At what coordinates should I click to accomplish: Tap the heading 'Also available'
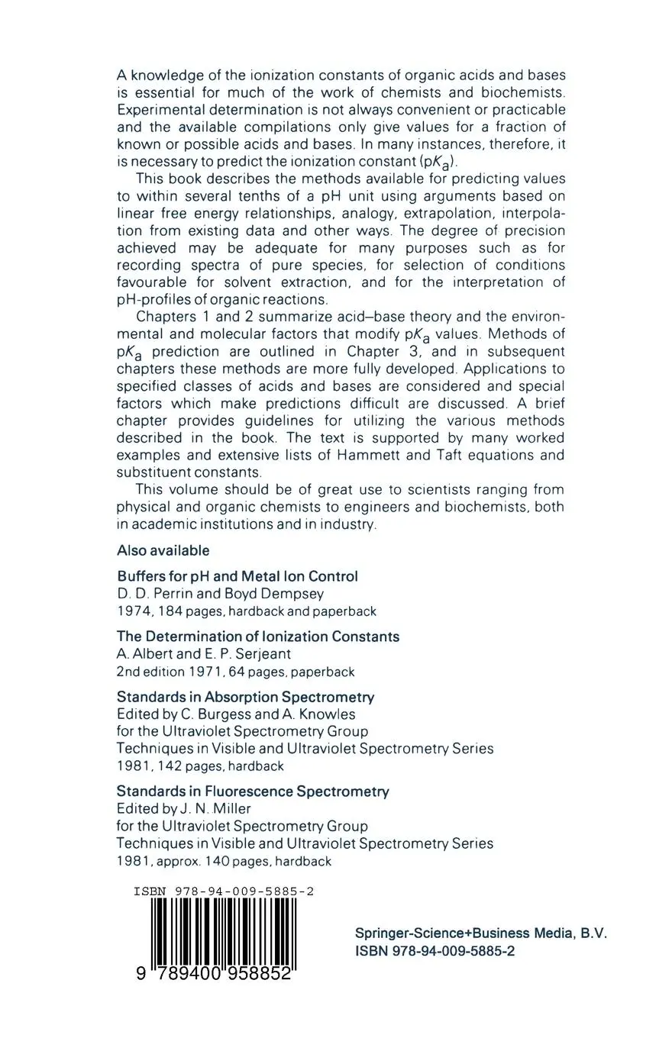tap(163, 550)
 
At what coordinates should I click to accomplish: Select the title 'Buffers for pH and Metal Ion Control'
tap(237, 576)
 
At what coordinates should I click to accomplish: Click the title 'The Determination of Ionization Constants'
tap(258, 637)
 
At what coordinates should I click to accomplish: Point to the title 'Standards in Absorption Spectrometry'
tap(245, 697)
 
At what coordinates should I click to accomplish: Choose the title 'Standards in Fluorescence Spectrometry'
tap(253, 791)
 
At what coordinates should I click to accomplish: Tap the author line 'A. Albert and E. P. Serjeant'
tap(204, 653)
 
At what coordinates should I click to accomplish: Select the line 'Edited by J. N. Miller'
tap(184, 808)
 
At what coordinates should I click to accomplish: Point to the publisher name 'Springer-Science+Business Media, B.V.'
tap(481, 933)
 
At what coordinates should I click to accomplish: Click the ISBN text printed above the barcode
tap(224, 891)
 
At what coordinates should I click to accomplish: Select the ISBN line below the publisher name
tap(435, 951)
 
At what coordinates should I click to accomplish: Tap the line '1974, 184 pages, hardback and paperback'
tap(246, 611)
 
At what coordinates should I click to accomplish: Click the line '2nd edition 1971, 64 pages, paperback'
tap(235, 672)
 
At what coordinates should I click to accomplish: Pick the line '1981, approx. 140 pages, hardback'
tap(224, 861)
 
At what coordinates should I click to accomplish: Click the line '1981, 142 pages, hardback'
tap(200, 766)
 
